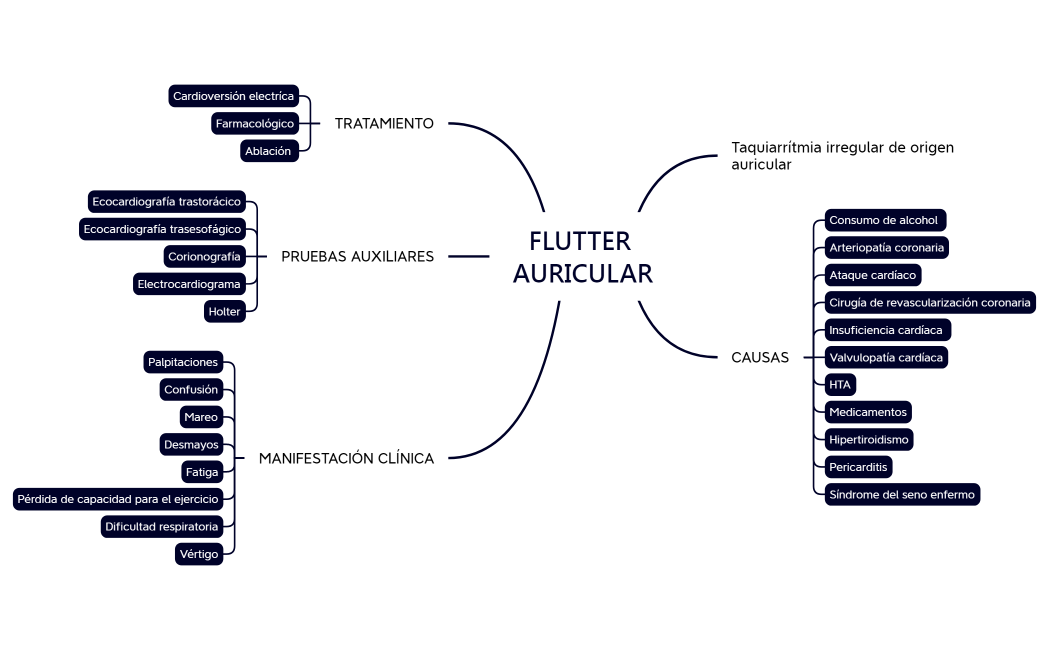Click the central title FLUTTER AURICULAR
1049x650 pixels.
582,257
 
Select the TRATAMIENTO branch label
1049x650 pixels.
384,123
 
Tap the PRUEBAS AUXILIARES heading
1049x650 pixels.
357,256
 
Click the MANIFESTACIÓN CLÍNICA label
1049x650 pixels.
346,458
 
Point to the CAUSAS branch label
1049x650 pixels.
759,357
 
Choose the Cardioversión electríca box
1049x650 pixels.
233,96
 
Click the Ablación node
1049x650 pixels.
269,151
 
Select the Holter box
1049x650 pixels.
224,311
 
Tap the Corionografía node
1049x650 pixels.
204,256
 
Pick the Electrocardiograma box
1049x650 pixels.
189,284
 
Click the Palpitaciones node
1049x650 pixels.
183,362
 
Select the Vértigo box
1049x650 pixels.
199,554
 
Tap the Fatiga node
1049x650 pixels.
202,472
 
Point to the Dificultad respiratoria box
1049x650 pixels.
161,526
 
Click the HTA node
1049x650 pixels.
840,384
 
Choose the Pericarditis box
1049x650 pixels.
858,467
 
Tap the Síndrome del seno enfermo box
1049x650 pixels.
902,494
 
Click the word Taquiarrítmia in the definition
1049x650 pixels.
776,147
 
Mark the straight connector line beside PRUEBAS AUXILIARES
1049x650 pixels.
468,256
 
